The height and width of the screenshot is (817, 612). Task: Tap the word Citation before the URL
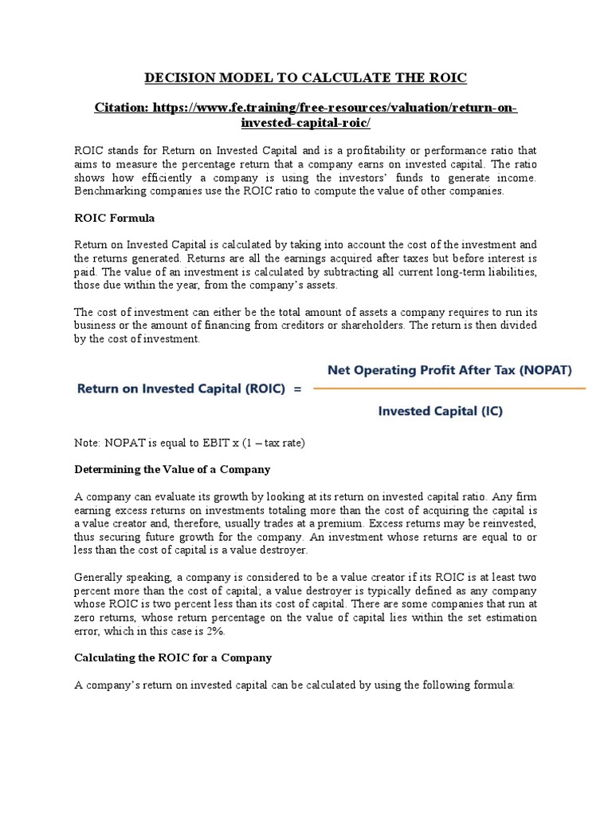click(121, 107)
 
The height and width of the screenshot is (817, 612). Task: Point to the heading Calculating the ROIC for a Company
click(173, 657)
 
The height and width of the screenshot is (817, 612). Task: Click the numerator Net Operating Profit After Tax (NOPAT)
click(450, 370)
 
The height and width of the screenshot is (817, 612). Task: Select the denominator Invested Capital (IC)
click(440, 412)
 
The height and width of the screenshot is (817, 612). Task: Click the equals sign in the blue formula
click(298, 389)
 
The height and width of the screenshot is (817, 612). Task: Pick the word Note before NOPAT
click(87, 443)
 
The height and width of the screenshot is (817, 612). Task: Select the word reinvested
click(505, 523)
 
